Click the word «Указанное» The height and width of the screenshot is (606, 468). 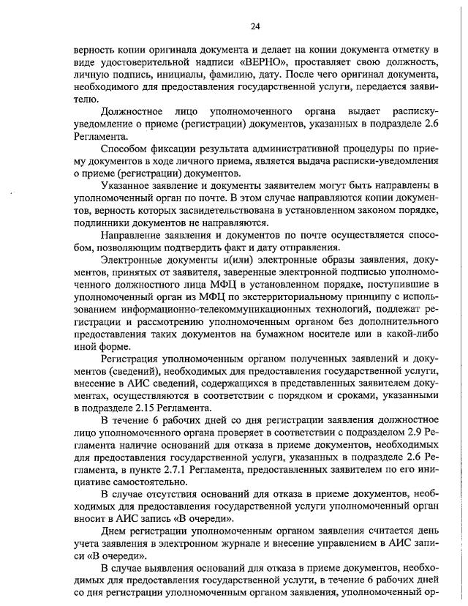127,187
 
